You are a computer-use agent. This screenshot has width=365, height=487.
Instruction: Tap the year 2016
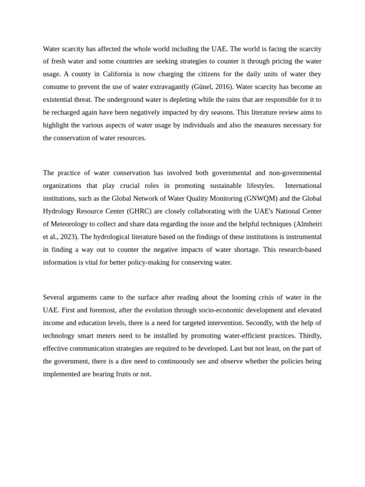pos(223,87)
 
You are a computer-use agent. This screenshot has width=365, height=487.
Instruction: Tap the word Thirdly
pos(309,336)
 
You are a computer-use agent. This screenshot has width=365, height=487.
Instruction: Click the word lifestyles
pos(258,185)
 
